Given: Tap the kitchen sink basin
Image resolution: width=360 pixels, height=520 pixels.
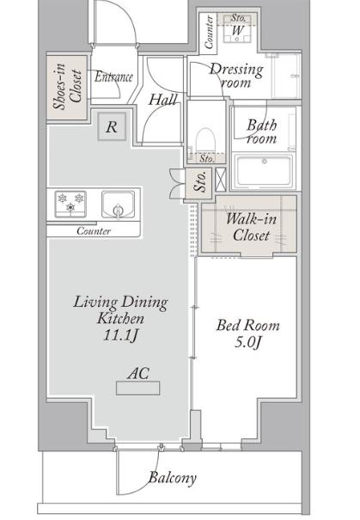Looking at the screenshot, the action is coord(118,205).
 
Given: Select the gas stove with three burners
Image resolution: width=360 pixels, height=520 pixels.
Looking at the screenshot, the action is coord(70,204).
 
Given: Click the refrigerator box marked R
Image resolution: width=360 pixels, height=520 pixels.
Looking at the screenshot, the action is coord(112,126).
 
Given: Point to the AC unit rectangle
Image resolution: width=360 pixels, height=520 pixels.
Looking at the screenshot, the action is coord(138,388).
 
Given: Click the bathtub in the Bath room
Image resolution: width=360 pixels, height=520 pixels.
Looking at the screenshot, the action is coord(264,171).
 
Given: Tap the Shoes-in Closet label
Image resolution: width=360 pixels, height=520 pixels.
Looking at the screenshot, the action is coord(68,86).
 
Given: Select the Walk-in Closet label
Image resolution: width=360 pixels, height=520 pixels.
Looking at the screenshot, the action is coord(251,227).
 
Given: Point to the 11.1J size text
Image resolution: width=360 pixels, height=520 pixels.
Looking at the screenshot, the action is coord(120,334).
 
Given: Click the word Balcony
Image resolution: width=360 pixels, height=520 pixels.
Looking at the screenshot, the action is coord(173,478).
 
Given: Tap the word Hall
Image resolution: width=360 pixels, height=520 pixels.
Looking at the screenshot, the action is coord(162,100).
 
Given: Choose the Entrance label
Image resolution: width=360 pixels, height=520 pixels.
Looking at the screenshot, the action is coord(113,77).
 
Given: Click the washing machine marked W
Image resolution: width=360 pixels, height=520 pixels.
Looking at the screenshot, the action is coord(237,30).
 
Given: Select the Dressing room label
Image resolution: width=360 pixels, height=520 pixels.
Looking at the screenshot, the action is coord(236,76).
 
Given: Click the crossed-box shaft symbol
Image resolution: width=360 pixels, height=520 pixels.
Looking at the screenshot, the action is coord(221,180).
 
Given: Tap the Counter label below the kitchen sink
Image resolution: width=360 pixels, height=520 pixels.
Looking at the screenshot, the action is coord(94,231).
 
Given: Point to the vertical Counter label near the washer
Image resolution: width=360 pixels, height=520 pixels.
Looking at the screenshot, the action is coord(209,32).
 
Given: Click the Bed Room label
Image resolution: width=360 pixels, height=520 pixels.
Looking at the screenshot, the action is coord(248,325).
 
